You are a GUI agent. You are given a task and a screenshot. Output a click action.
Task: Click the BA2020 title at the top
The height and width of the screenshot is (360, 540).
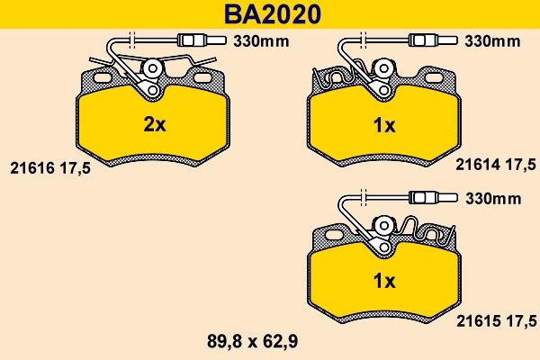(269, 13)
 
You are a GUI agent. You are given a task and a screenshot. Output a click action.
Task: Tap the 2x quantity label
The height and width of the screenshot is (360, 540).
(155, 125)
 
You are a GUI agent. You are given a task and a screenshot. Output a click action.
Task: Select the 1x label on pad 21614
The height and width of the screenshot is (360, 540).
(384, 126)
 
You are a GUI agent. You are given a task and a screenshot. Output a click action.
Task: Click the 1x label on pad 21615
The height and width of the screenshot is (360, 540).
(384, 281)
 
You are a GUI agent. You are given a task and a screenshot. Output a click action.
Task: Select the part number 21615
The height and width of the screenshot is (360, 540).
(478, 319)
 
